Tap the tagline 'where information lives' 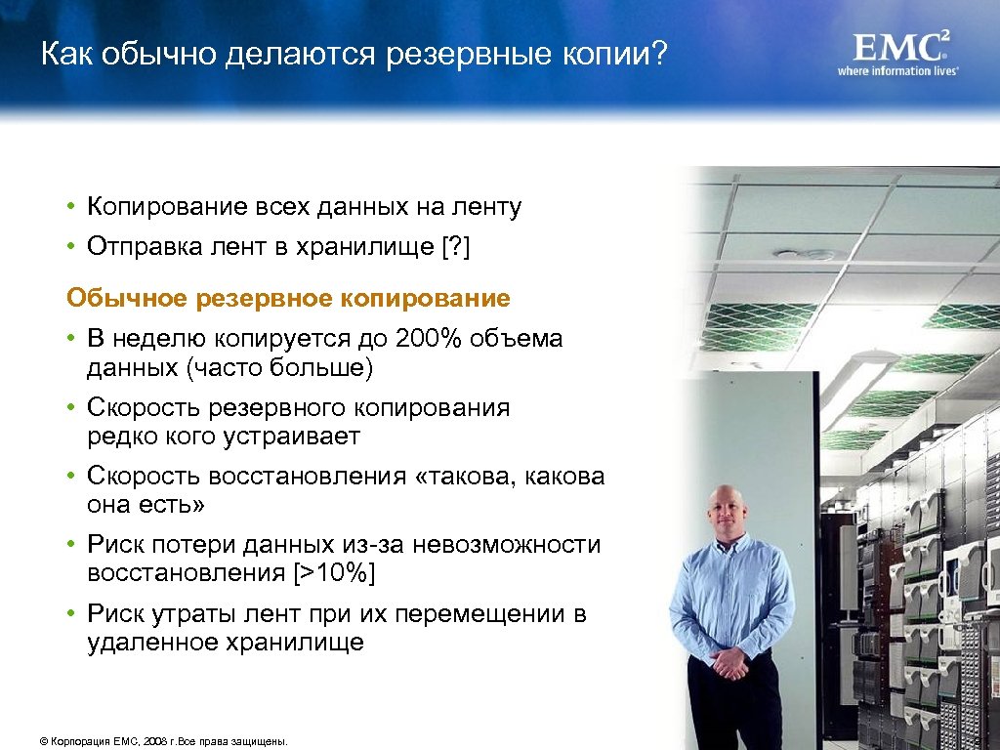point(897,71)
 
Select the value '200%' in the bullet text point(429,339)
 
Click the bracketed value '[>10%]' point(334,573)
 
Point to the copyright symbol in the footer point(44,742)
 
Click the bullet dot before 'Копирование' point(72,207)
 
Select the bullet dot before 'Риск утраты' point(72,613)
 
